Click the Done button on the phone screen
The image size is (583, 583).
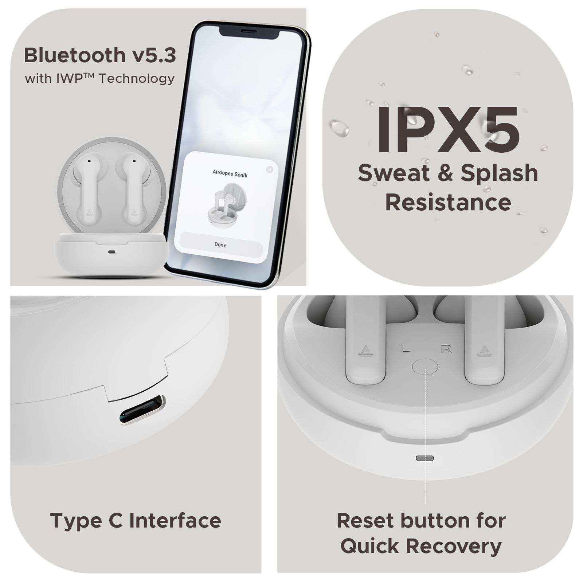(220, 245)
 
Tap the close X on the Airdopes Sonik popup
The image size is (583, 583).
(270, 169)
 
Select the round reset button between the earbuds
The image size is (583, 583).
(425, 366)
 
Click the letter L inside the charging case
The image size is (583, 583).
(405, 349)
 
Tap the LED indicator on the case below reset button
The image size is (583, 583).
(425, 458)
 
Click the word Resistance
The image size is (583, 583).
(448, 203)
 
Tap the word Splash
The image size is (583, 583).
(499, 173)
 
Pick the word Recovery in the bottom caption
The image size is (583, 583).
(454, 546)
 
